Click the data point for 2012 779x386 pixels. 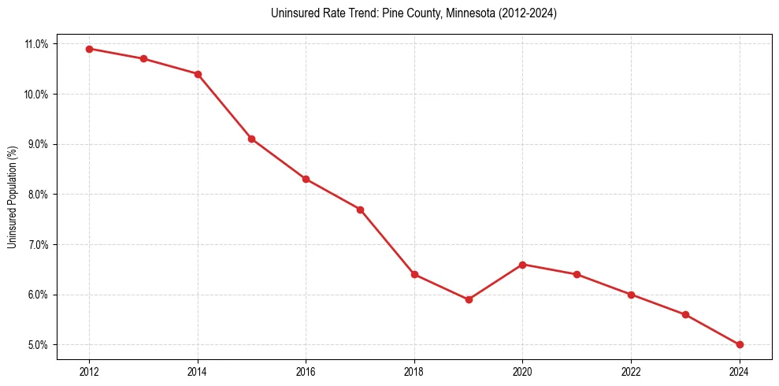(89, 49)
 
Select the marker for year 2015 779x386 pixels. (251, 139)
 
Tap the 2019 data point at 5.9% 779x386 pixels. (469, 299)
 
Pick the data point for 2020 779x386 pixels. (523, 265)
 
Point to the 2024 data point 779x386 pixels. (740, 344)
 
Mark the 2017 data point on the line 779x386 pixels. (360, 210)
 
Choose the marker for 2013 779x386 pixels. (143, 59)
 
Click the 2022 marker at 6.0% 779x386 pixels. (631, 295)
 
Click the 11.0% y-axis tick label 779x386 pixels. (35, 44)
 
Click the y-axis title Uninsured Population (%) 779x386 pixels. (12, 196)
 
